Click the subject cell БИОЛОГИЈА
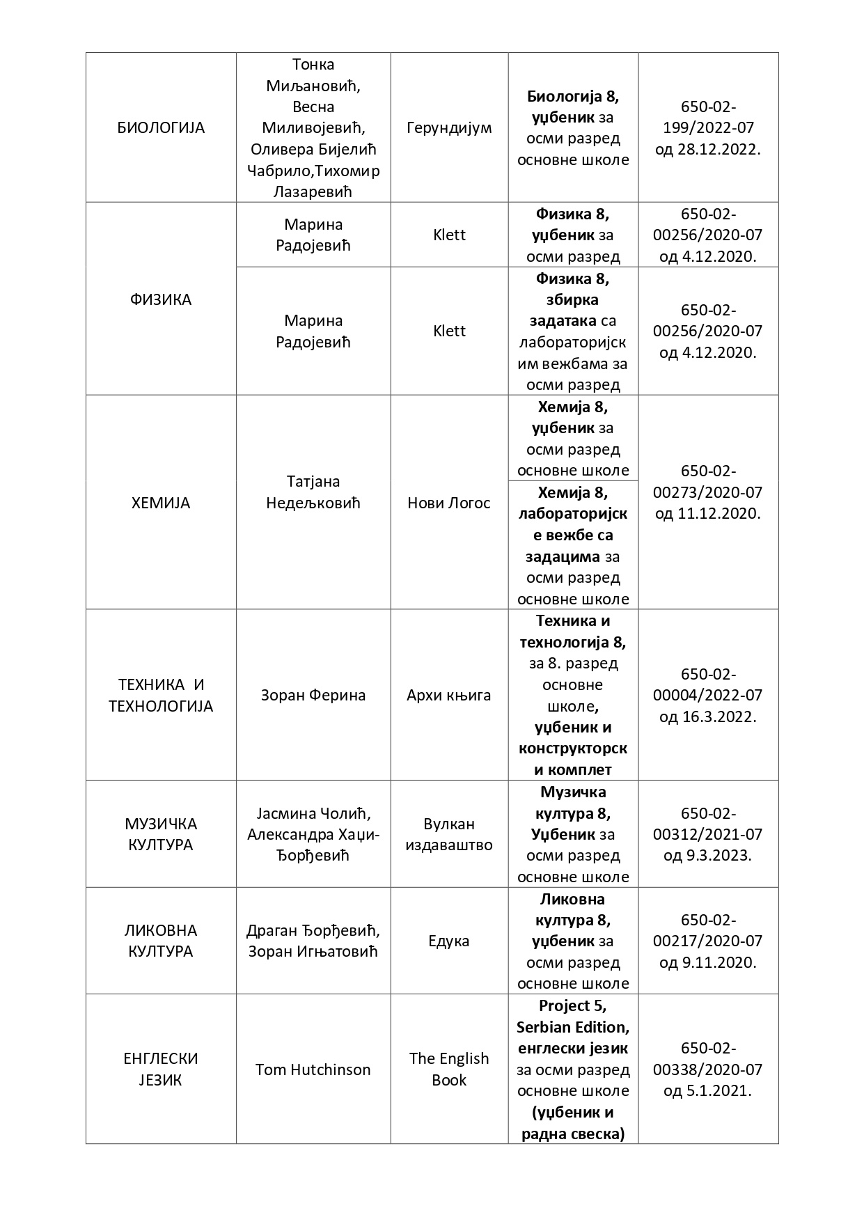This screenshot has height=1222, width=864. [161, 128]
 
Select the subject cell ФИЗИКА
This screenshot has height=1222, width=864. [161, 300]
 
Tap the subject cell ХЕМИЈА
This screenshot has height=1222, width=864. [161, 503]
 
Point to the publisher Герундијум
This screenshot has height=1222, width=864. [449, 128]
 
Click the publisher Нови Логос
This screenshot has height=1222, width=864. [449, 503]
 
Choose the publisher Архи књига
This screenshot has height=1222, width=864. [449, 695]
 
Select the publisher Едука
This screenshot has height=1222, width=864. [449, 941]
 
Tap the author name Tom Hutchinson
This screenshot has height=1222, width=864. [313, 1070]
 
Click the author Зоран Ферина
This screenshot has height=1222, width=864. [313, 695]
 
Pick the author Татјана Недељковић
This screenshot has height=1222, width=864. [313, 492]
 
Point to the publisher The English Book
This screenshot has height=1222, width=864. [449, 1070]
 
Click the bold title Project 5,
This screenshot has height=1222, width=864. [572, 1006]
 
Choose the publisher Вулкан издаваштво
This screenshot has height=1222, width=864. [449, 834]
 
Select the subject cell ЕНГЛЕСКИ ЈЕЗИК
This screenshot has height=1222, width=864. [161, 1070]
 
